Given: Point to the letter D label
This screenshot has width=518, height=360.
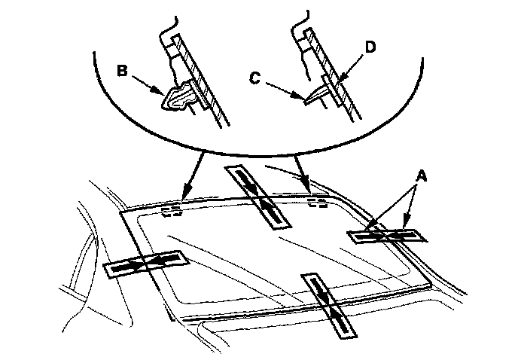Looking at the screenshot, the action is click(x=369, y=47).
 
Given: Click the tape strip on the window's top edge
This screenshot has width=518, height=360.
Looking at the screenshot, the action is click(x=258, y=195).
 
